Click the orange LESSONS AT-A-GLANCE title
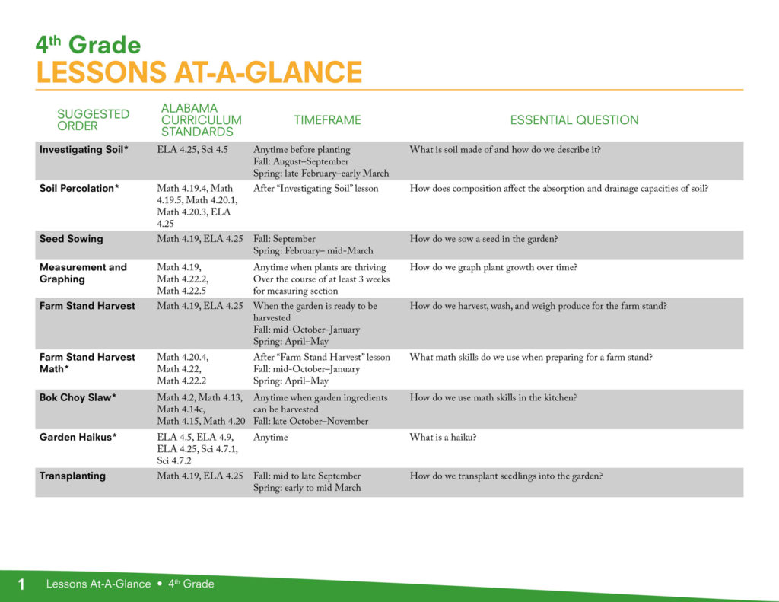click(x=199, y=72)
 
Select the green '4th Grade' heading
click(x=88, y=45)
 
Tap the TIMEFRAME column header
click(x=327, y=119)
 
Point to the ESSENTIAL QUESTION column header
click(x=574, y=119)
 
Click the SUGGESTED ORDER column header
click(x=93, y=119)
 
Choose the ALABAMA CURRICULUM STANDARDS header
click(x=201, y=119)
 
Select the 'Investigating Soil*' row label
click(x=84, y=150)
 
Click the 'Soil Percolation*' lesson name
click(x=79, y=189)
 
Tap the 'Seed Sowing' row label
click(x=71, y=239)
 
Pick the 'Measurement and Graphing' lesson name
click(x=83, y=273)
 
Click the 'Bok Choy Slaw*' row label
click(x=78, y=398)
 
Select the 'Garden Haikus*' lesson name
click(x=78, y=438)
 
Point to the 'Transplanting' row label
click(x=72, y=476)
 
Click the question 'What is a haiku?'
click(x=444, y=438)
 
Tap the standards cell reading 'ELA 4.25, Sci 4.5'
click(x=192, y=150)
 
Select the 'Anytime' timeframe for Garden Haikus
click(x=270, y=438)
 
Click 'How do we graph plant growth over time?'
click(x=493, y=267)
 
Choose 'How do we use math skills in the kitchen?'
click(x=493, y=398)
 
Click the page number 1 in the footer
click(x=21, y=584)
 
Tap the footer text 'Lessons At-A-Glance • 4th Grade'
click(x=130, y=584)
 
